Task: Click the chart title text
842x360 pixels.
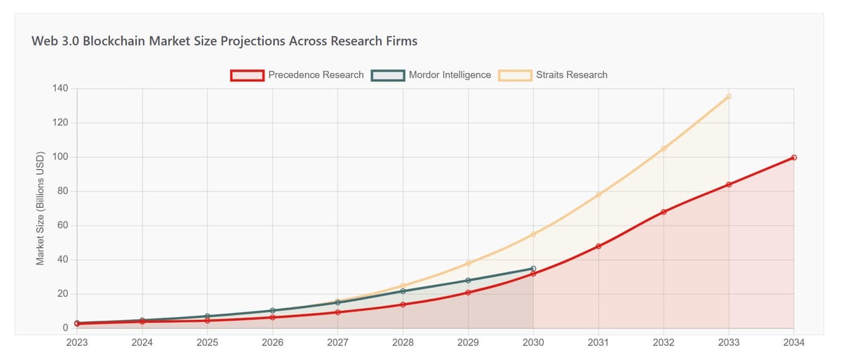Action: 225,41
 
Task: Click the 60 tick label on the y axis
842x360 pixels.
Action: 62,226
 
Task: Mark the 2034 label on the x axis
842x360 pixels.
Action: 794,343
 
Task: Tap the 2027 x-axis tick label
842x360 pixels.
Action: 338,343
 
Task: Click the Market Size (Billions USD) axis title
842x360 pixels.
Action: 40,208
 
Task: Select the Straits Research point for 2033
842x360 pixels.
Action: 728,96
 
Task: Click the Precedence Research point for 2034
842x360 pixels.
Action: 794,157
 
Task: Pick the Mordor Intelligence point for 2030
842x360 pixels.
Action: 533,269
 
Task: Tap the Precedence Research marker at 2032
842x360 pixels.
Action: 663,212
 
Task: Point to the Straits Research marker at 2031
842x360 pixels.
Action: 599,194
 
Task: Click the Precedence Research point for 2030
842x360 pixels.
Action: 533,274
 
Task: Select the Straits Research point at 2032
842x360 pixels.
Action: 663,149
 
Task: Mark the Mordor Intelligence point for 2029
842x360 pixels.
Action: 468,281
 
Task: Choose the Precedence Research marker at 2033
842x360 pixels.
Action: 728,185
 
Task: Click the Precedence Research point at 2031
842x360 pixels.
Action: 599,246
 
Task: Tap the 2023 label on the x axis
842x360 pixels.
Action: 77,343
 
